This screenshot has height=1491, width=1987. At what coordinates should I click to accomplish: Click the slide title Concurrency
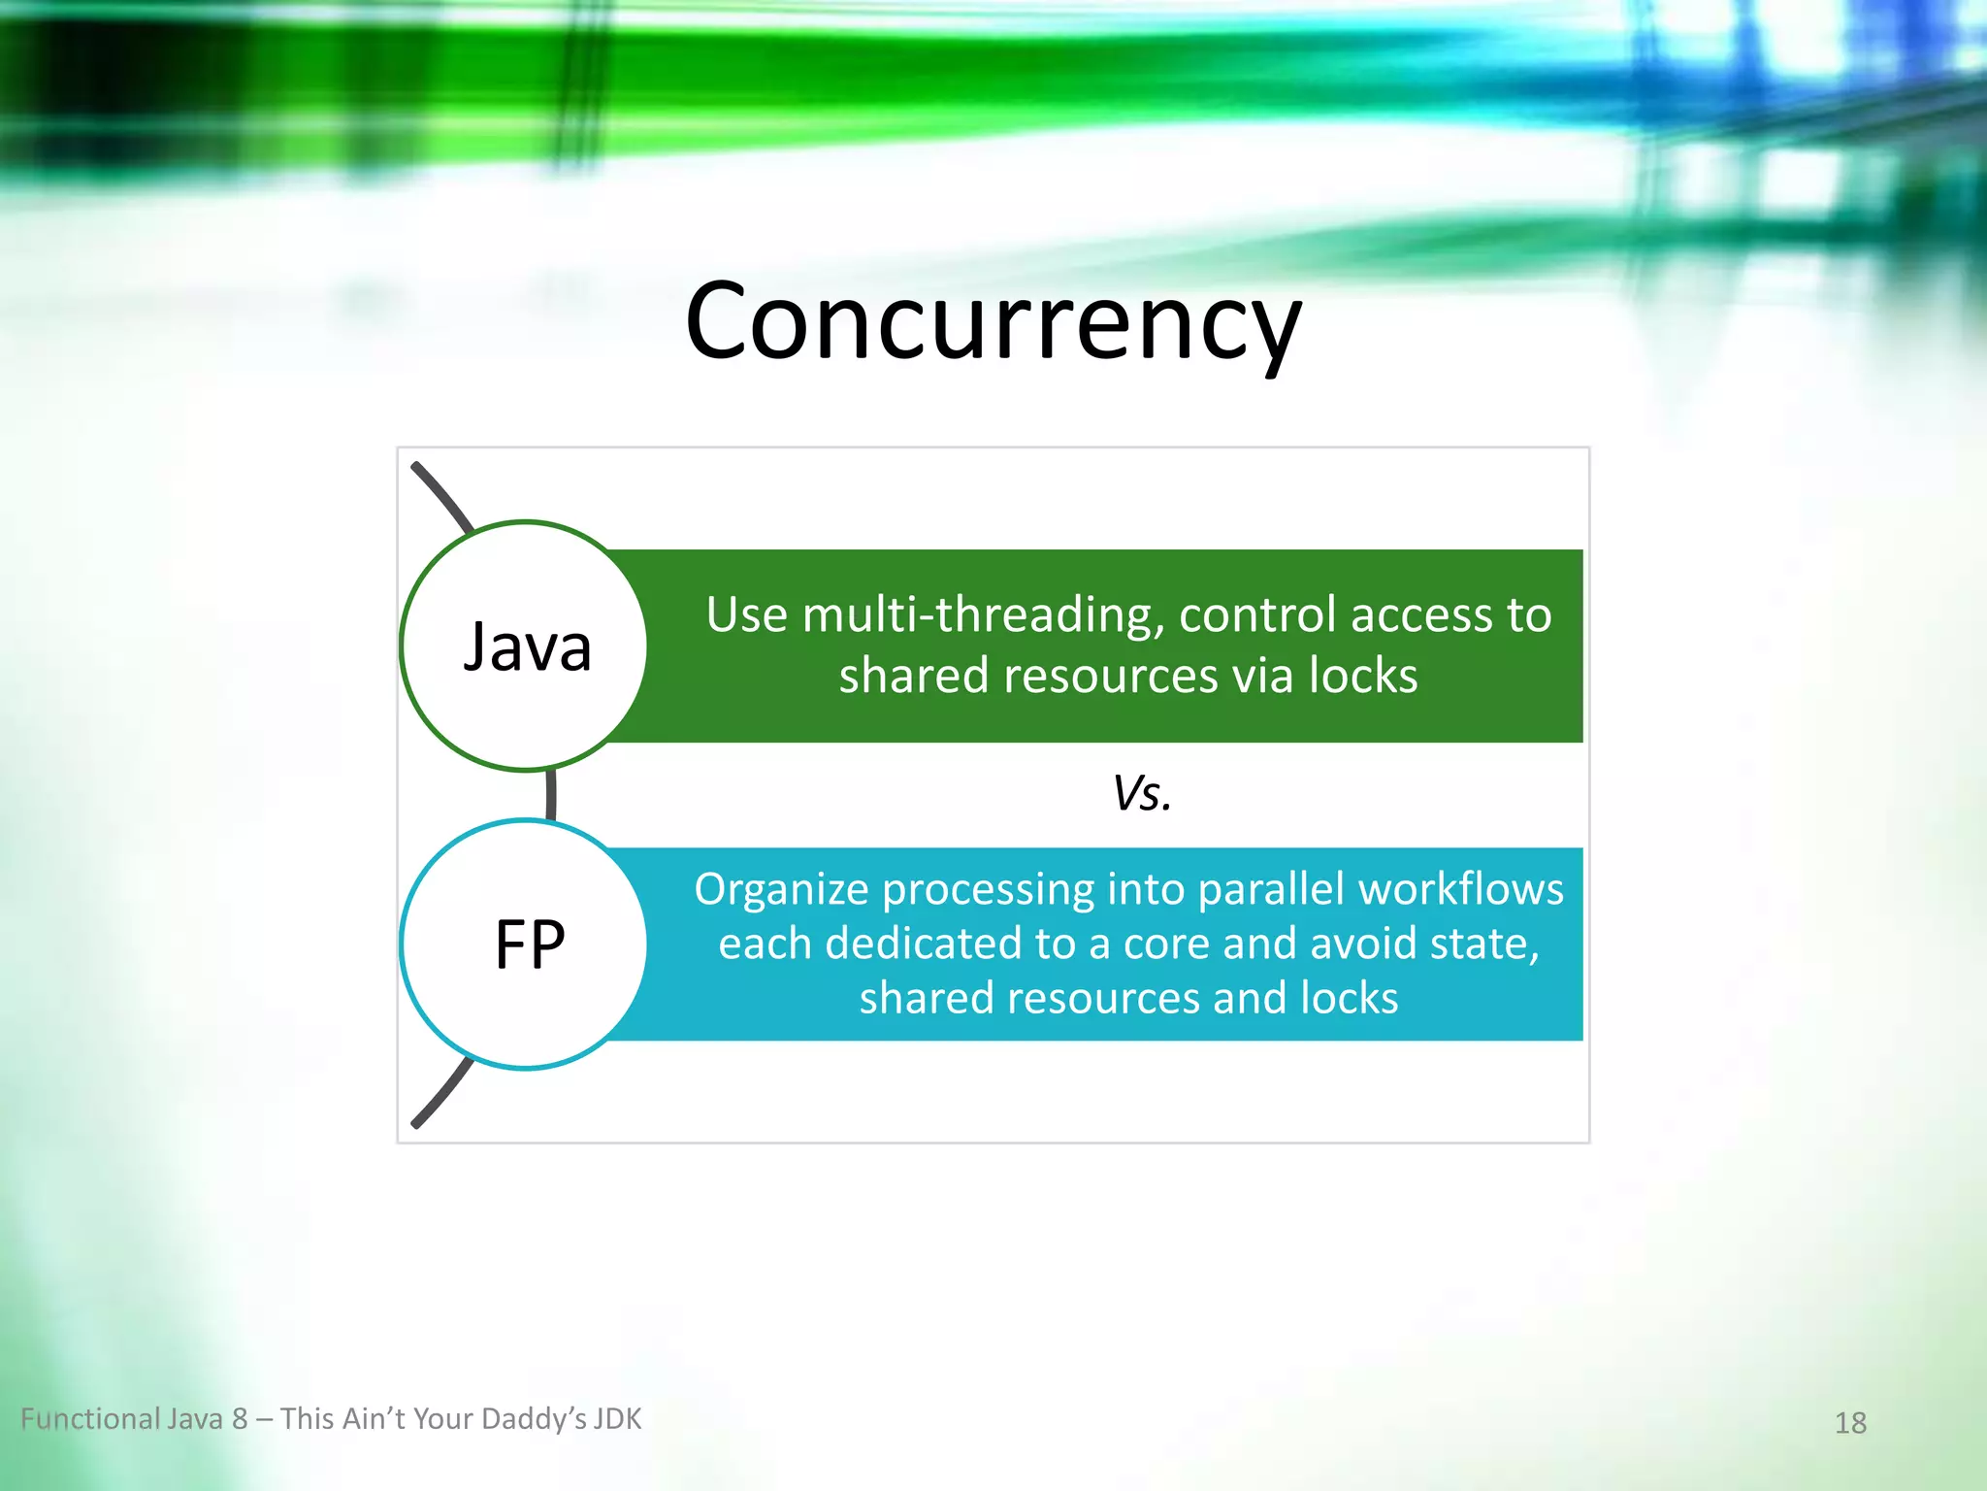[x=993, y=321]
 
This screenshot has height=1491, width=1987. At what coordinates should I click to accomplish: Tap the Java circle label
[x=527, y=646]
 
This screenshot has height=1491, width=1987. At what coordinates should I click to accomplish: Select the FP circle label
[x=529, y=944]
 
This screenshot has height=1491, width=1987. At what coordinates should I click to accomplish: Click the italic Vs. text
[x=1142, y=793]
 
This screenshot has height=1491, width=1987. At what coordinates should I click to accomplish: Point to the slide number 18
[x=1850, y=1422]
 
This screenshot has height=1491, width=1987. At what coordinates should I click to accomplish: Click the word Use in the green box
[x=746, y=615]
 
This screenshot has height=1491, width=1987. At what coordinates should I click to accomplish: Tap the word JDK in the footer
[x=617, y=1419]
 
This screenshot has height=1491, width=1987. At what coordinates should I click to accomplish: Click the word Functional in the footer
[x=90, y=1419]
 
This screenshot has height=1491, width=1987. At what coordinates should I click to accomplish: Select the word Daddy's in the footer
[x=533, y=1419]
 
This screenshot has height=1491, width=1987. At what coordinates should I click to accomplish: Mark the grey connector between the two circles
[x=551, y=794]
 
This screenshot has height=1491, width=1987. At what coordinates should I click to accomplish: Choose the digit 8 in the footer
[x=240, y=1419]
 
